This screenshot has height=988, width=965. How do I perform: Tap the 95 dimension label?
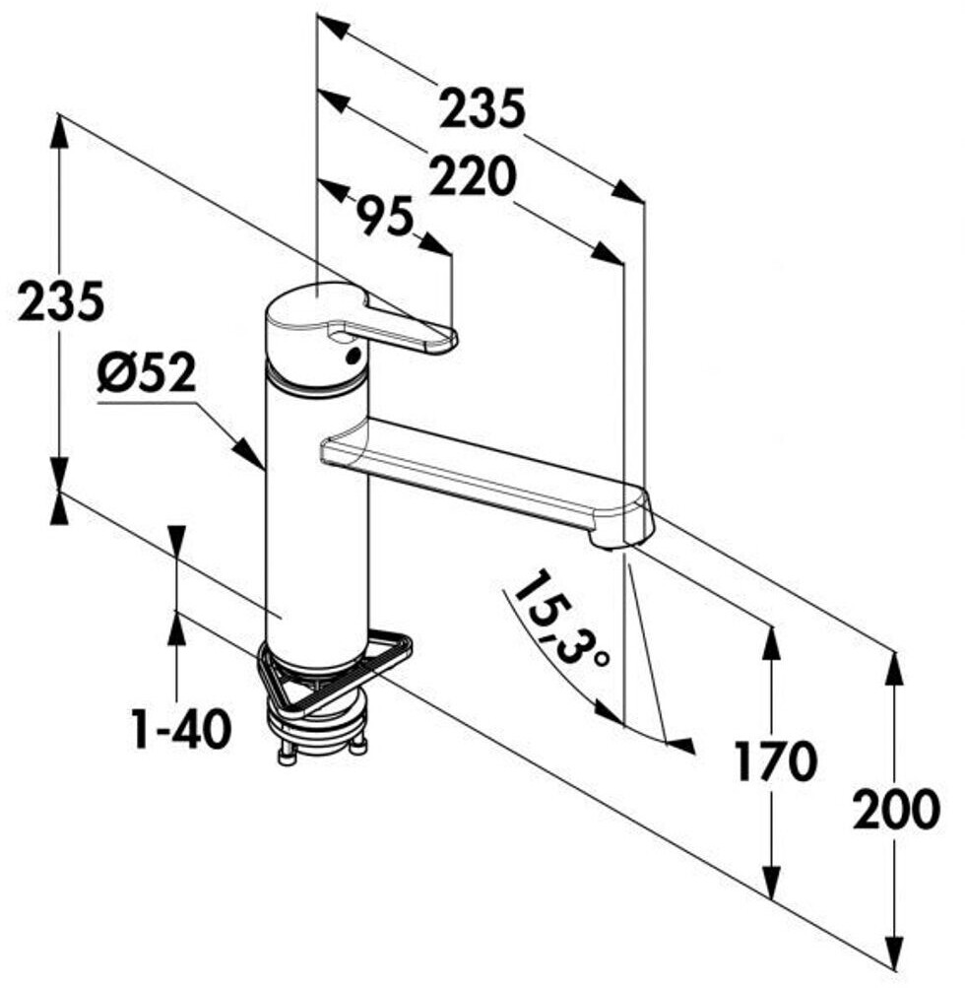384,216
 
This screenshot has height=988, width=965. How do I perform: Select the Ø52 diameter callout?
148,375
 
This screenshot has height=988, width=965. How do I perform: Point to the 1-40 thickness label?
182,729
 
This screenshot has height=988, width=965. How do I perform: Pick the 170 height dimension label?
775,760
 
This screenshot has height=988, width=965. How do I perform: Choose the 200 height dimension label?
896,810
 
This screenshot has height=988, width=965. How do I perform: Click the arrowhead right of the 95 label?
436,243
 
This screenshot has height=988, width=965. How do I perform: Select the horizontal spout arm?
482,473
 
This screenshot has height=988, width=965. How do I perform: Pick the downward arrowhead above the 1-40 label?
176,541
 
